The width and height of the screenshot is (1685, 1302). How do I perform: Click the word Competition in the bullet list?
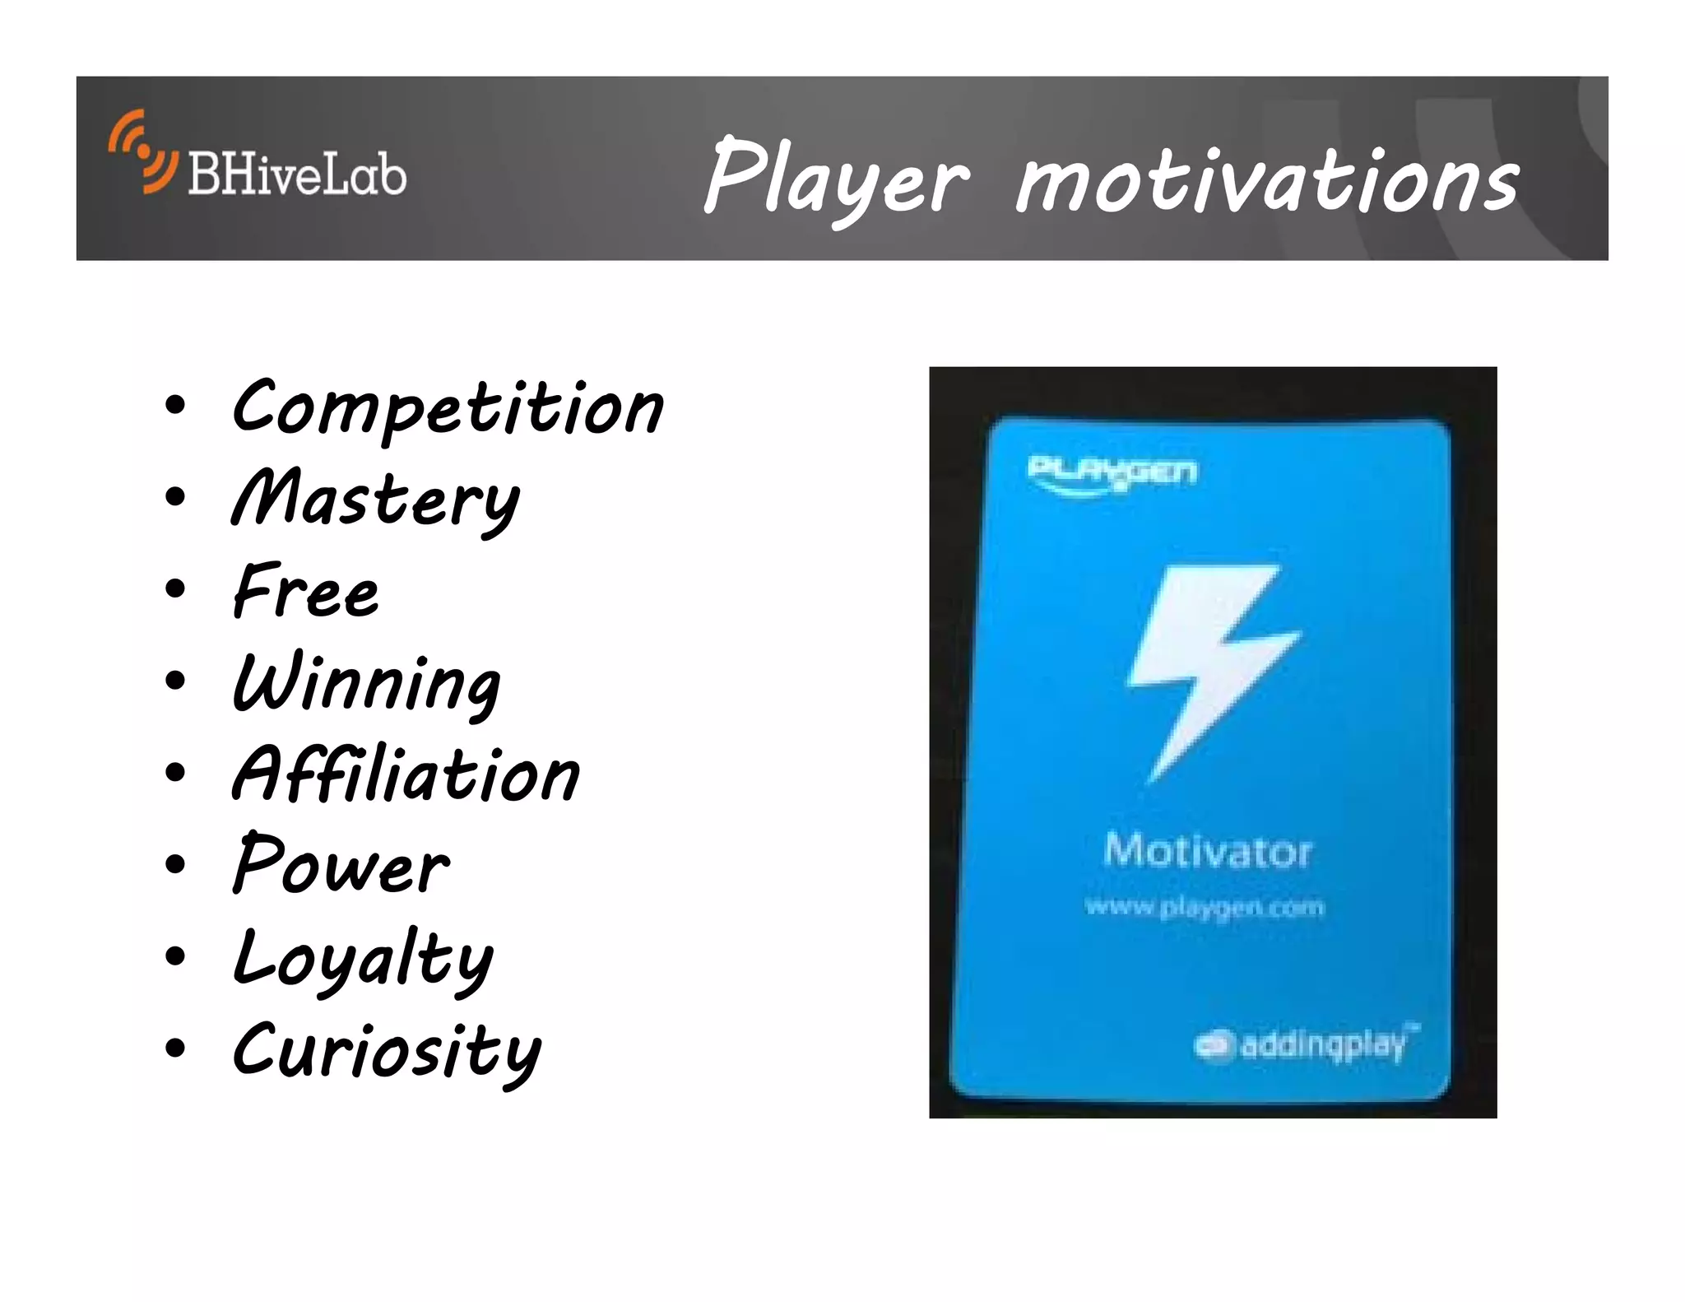click(x=448, y=408)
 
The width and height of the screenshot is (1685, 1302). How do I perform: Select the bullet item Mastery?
click(x=375, y=500)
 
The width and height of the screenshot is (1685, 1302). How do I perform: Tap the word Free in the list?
click(x=306, y=591)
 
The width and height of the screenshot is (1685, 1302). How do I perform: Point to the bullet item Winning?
click(x=367, y=684)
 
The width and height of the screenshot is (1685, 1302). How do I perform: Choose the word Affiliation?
click(x=406, y=775)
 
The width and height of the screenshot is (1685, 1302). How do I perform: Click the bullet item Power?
click(x=341, y=867)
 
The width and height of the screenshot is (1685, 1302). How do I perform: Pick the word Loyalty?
click(x=363, y=959)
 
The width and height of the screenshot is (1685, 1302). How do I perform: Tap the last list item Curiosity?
click(x=387, y=1051)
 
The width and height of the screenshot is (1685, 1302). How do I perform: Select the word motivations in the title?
click(x=1267, y=179)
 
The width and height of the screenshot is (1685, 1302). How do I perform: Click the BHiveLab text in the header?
click(x=297, y=174)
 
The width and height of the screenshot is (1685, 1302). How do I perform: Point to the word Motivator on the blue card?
click(x=1207, y=850)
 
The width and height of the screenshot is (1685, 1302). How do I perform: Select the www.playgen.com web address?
click(x=1205, y=907)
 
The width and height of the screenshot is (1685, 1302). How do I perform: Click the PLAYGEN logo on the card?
click(x=1112, y=476)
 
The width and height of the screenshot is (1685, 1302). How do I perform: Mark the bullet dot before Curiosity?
click(x=175, y=1048)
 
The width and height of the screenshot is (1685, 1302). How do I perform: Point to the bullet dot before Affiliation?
click(x=175, y=772)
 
